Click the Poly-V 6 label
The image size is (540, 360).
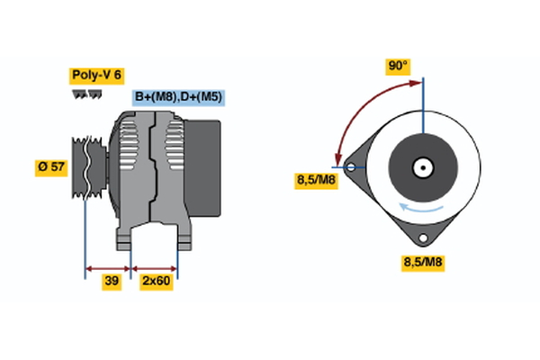[97, 76]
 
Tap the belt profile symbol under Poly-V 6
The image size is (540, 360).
[86, 94]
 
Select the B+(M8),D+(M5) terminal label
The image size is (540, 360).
[178, 97]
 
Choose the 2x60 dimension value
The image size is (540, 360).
[156, 282]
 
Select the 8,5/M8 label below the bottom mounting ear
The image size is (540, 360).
[422, 263]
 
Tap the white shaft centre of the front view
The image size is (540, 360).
[422, 166]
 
